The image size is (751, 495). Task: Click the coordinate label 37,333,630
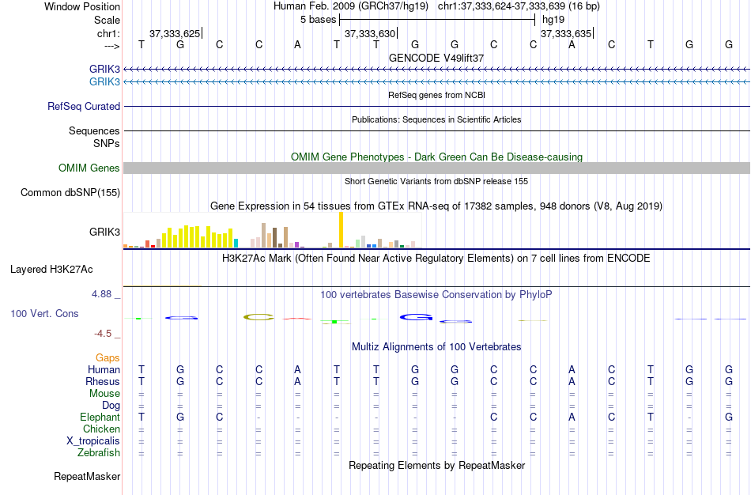click(369, 33)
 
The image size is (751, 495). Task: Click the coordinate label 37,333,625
click(174, 33)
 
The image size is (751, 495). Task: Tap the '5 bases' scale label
click(319, 19)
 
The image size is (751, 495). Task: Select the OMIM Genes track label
click(89, 168)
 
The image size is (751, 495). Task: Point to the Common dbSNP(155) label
click(70, 192)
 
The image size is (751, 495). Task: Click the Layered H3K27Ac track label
click(51, 269)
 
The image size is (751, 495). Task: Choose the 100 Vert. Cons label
click(44, 313)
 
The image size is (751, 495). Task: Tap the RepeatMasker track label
click(87, 476)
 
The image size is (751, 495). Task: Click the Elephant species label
click(100, 417)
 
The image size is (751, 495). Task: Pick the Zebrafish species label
click(99, 452)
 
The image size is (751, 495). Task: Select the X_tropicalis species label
click(93, 440)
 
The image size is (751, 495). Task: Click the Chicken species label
click(101, 429)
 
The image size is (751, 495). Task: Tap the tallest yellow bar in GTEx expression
click(341, 229)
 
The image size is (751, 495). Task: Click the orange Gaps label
click(108, 357)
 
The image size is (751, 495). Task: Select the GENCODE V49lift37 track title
click(436, 58)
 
